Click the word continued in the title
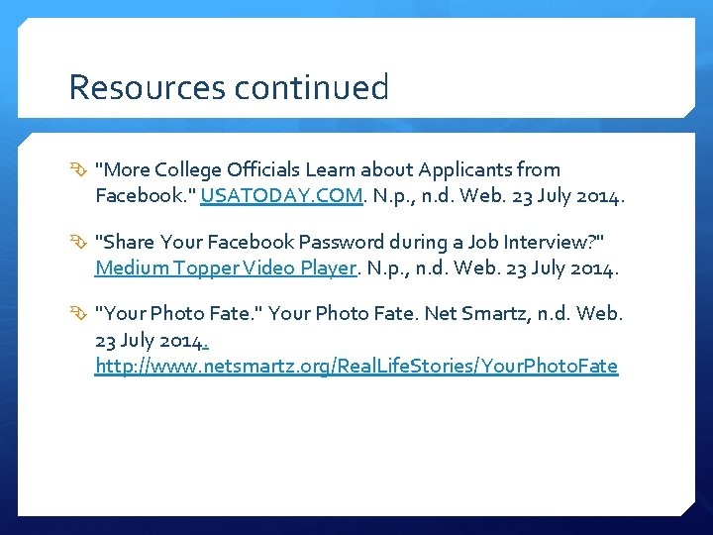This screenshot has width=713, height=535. point(312,88)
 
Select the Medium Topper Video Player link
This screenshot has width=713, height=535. point(225,268)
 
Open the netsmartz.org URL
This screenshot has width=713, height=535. point(356,367)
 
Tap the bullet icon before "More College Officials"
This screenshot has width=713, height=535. point(79,170)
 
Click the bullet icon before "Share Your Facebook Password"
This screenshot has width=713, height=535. point(79,243)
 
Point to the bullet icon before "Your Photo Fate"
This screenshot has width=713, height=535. point(79,314)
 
